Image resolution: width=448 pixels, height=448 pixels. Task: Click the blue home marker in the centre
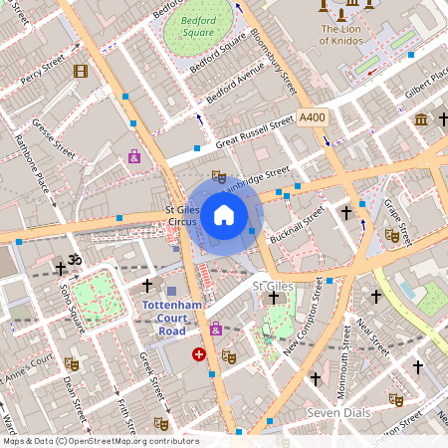(224, 214)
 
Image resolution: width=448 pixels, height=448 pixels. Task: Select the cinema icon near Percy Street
(81, 71)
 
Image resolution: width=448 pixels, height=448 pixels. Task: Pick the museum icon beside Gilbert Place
(420, 119)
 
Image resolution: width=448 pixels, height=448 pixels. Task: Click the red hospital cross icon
(199, 353)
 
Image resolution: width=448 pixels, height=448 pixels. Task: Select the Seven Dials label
(336, 412)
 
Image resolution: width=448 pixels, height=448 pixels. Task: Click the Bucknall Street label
(299, 229)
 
